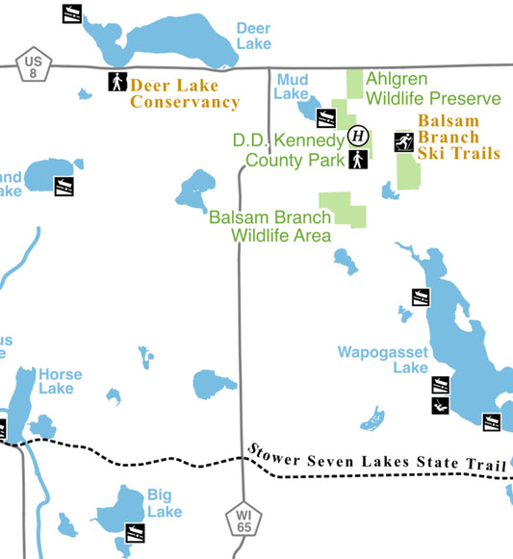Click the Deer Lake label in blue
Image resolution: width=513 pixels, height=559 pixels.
pyautogui.click(x=253, y=36)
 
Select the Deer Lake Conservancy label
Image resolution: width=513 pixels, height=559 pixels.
pyautogui.click(x=184, y=93)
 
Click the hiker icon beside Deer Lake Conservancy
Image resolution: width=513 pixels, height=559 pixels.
pyautogui.click(x=116, y=82)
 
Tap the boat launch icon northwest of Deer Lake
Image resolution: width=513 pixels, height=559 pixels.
pyautogui.click(x=71, y=13)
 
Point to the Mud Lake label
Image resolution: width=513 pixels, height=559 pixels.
pyautogui.click(x=292, y=87)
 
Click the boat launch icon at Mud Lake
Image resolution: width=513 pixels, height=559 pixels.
pyautogui.click(x=326, y=118)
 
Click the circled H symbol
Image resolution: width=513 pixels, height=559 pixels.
pyautogui.click(x=357, y=135)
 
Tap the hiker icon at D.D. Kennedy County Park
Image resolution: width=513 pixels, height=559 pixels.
pyautogui.click(x=357, y=159)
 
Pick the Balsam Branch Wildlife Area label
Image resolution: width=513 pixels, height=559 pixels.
pyautogui.click(x=271, y=226)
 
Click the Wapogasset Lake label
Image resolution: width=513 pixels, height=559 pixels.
pyautogui.click(x=382, y=360)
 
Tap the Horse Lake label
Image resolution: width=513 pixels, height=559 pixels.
pyautogui.click(x=60, y=381)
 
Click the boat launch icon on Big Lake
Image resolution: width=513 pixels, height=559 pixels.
pyautogui.click(x=136, y=532)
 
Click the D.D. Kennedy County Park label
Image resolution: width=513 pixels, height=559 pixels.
pyautogui.click(x=289, y=150)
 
